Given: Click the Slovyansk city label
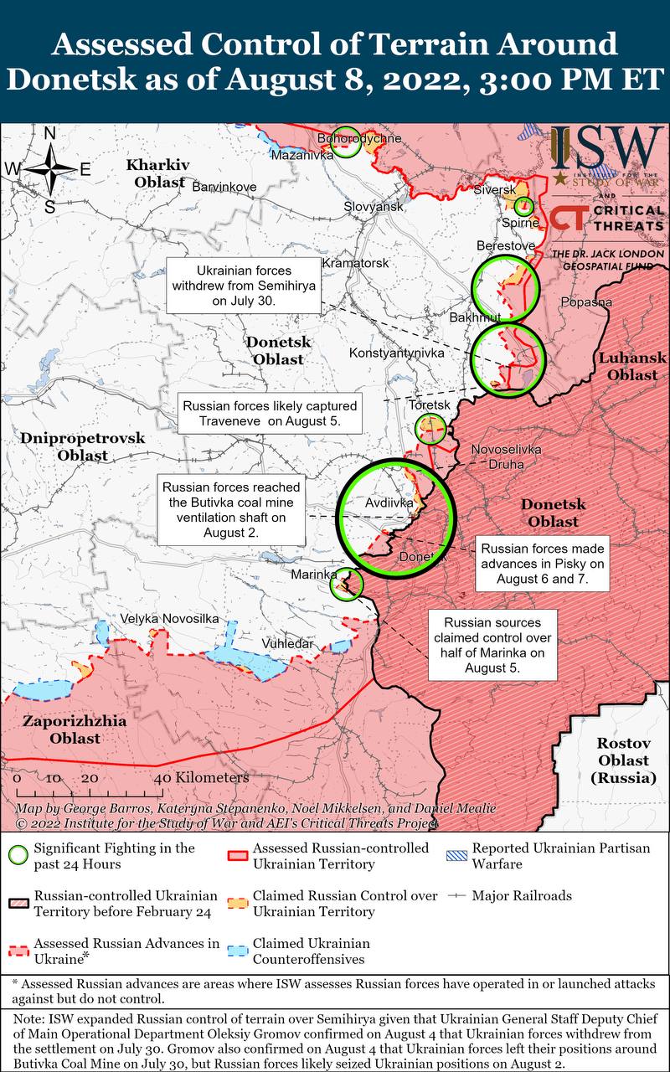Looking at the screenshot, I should [x=374, y=206].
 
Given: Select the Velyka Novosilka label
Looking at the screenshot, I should [x=170, y=618].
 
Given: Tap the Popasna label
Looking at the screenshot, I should [x=586, y=302].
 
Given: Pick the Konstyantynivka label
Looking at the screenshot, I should [x=396, y=353].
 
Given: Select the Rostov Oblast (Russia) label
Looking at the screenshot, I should [x=622, y=760].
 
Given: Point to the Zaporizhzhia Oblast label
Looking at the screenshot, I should [x=75, y=729].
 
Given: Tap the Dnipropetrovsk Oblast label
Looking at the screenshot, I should [x=83, y=446].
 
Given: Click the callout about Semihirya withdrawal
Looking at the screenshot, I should [x=245, y=286].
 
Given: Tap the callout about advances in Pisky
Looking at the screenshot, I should [x=541, y=564].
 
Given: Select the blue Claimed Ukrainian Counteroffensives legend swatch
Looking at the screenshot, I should [x=239, y=951].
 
